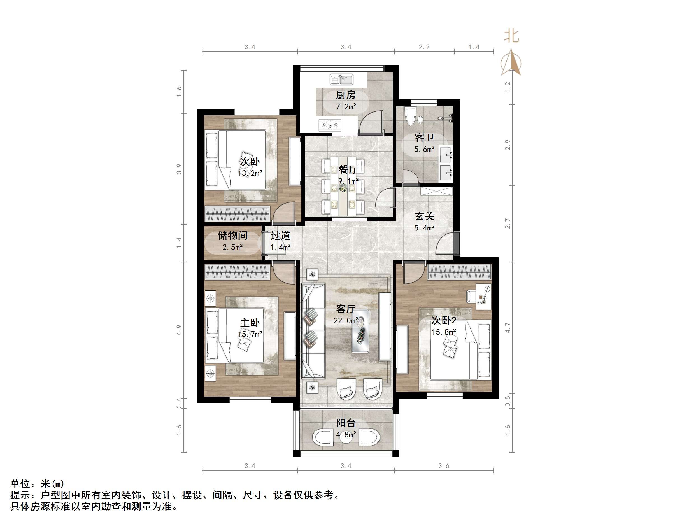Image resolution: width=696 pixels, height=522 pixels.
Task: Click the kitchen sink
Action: coord(341,80)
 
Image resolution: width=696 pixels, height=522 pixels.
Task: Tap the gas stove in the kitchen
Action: coord(330,125)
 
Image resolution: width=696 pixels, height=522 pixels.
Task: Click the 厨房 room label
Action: coord(346,95)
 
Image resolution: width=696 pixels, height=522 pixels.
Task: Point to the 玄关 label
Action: coord(424,216)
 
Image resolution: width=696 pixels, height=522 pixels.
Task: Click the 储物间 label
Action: coord(232,235)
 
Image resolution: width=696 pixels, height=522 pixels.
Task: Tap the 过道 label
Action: coord(280,235)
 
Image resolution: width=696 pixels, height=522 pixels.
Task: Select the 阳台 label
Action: coord(346,423)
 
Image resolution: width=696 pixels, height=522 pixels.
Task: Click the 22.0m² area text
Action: coord(346,321)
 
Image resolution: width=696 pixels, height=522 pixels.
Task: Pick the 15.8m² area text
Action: coord(443,332)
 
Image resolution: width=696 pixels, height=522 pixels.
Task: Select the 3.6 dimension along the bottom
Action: coord(443,466)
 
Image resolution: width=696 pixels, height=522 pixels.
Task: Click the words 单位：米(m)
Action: coord(37,484)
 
